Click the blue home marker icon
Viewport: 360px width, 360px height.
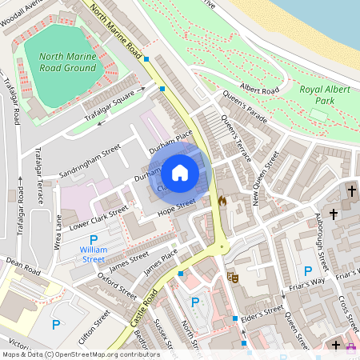point(180,172)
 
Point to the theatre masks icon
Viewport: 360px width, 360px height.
point(234,277)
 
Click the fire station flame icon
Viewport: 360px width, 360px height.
point(222,201)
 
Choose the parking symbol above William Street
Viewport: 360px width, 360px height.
point(94,240)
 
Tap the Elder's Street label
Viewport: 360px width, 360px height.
point(263,312)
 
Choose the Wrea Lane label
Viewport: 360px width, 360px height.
point(58,230)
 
